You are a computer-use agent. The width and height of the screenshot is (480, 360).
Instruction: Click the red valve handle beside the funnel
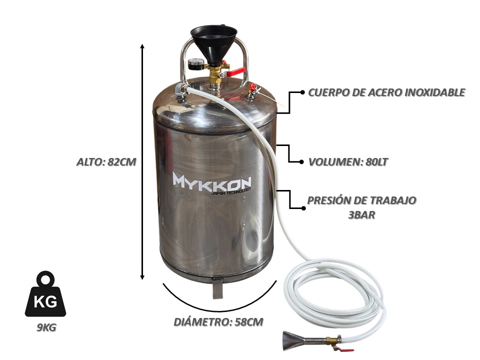click(x=236, y=72)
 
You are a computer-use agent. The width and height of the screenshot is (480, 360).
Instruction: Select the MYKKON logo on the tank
click(x=212, y=181)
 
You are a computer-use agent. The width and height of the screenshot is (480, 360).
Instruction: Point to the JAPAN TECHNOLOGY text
click(x=231, y=191)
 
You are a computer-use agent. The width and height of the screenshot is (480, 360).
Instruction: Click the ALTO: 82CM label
click(x=106, y=161)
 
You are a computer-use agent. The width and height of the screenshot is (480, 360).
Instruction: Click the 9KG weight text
click(x=46, y=327)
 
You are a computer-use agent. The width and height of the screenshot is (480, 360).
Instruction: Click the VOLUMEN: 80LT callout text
click(x=348, y=161)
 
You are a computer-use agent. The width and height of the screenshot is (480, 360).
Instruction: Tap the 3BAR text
click(x=361, y=214)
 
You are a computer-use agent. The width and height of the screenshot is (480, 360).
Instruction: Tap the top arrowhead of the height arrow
click(x=142, y=46)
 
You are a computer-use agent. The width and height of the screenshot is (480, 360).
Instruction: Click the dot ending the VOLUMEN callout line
click(x=302, y=161)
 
